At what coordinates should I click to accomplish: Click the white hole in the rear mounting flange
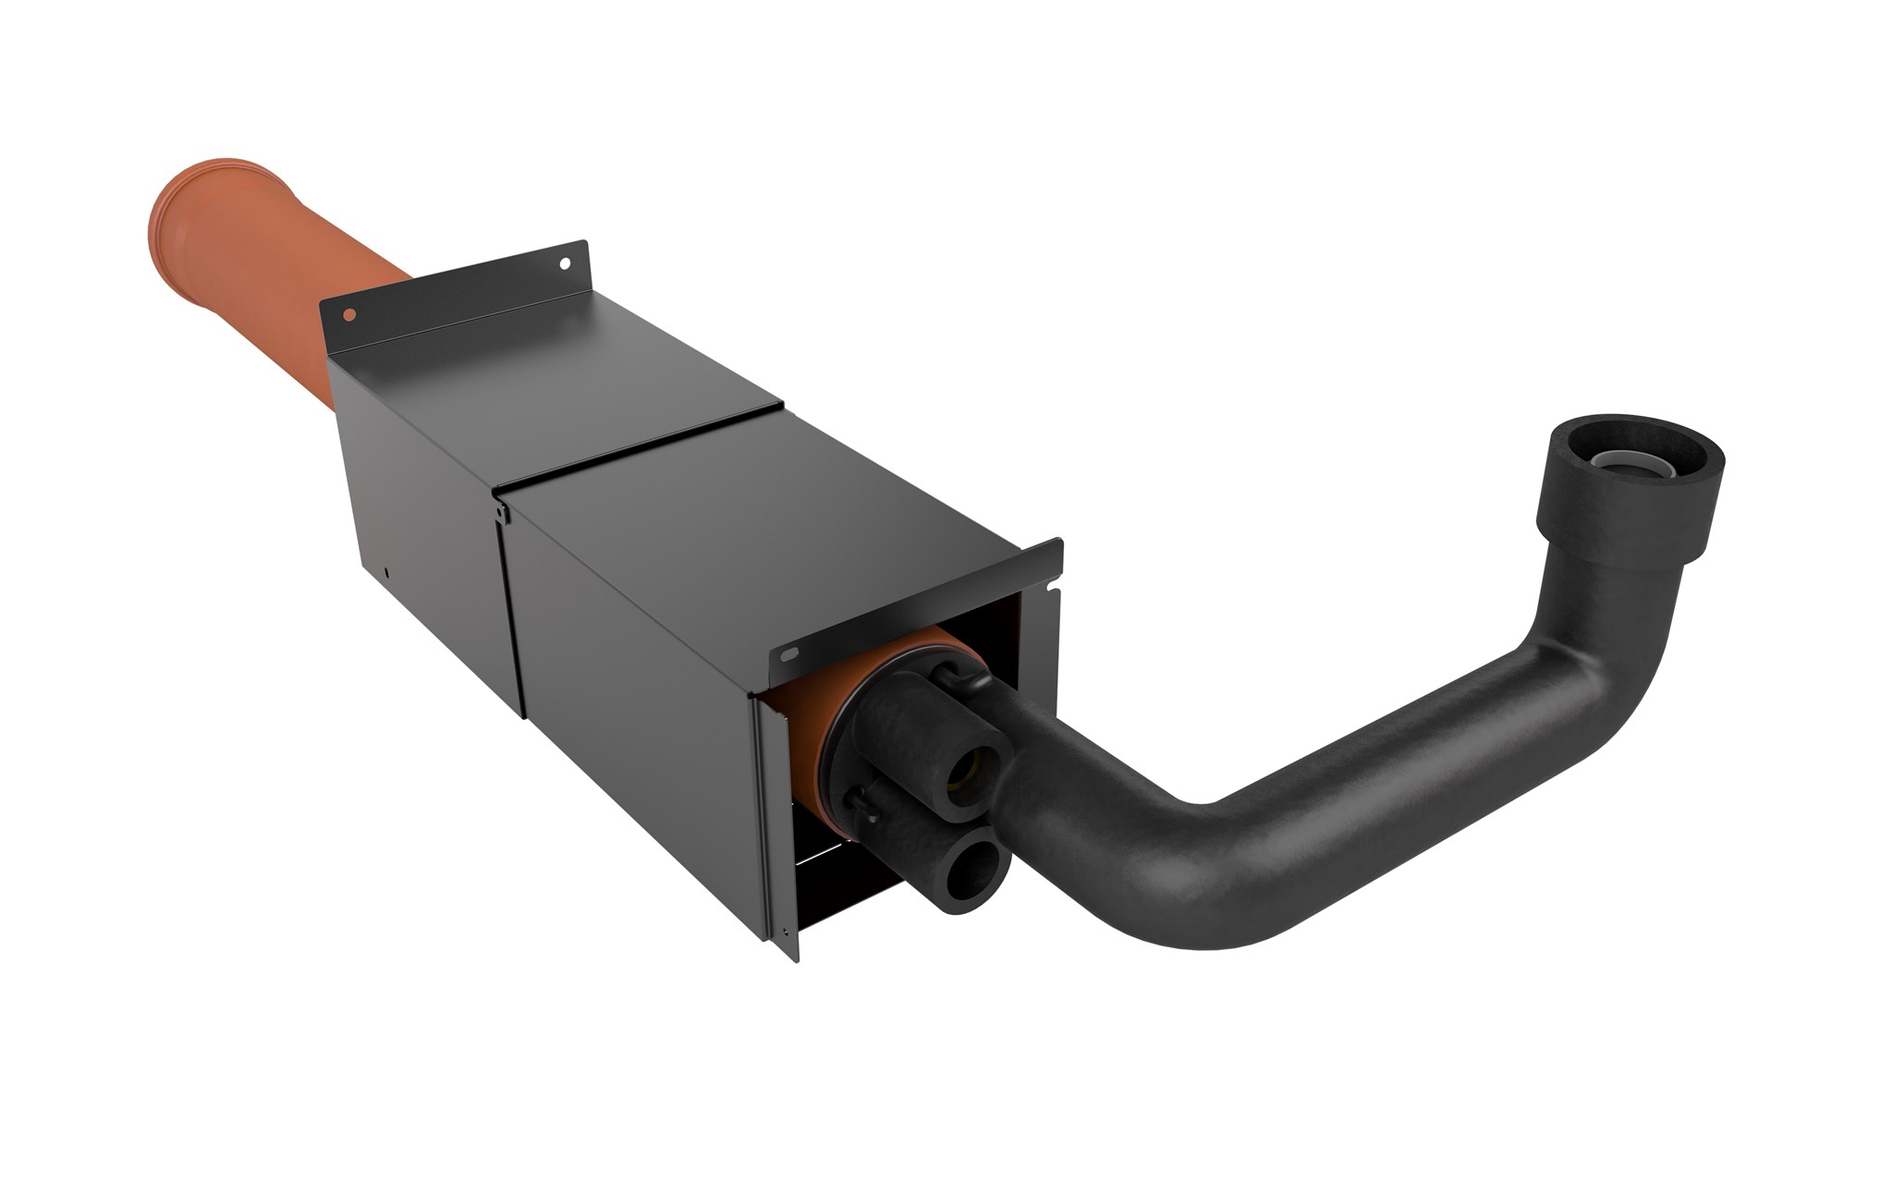(x=562, y=262)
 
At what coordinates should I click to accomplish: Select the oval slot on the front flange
(x=788, y=653)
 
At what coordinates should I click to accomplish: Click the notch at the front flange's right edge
(x=1050, y=583)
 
